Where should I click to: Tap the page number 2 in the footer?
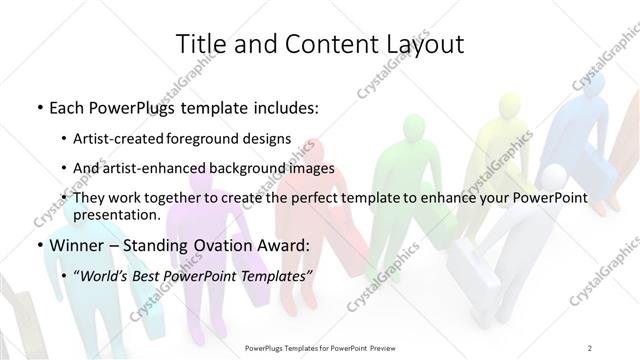coord(590,348)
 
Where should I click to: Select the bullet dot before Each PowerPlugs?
coord(39,106)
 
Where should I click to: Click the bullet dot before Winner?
coord(39,246)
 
